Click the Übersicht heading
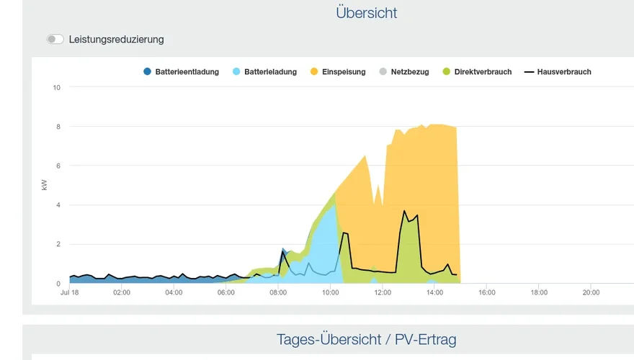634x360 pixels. (x=366, y=13)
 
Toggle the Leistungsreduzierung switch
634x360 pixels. (x=55, y=39)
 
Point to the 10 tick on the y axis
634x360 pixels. (x=56, y=87)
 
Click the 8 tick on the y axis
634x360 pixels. (x=58, y=127)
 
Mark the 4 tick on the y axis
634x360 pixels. (x=58, y=205)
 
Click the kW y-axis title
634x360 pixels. (x=45, y=185)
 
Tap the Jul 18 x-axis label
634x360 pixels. (x=70, y=293)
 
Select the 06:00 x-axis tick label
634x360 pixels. (x=226, y=293)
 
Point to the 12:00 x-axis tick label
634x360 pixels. (x=383, y=293)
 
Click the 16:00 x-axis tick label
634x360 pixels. (x=487, y=293)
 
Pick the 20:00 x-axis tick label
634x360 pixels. (x=591, y=293)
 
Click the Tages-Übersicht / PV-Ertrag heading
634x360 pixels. (x=366, y=339)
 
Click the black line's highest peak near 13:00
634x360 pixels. (x=404, y=211)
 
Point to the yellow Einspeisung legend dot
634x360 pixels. (x=314, y=72)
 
